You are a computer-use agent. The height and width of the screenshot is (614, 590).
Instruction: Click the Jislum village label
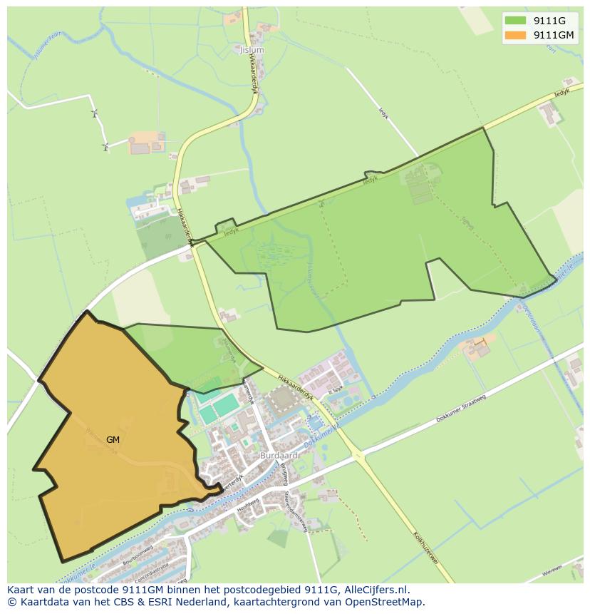252,51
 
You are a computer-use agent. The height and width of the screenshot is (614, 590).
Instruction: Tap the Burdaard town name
279,454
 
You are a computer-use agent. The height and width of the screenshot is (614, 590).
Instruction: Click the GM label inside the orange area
113,440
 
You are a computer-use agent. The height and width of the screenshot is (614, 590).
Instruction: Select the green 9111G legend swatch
515,21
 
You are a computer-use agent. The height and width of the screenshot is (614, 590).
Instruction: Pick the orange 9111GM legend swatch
515,35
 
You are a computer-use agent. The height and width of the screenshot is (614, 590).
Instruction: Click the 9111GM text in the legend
554,35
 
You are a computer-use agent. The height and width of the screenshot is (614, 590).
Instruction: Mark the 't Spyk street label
336,390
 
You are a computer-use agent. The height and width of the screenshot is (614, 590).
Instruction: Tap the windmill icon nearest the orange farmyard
106,148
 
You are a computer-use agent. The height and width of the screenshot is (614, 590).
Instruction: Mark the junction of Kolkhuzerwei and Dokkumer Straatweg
358,455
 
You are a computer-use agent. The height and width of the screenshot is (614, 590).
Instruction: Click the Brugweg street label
283,474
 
